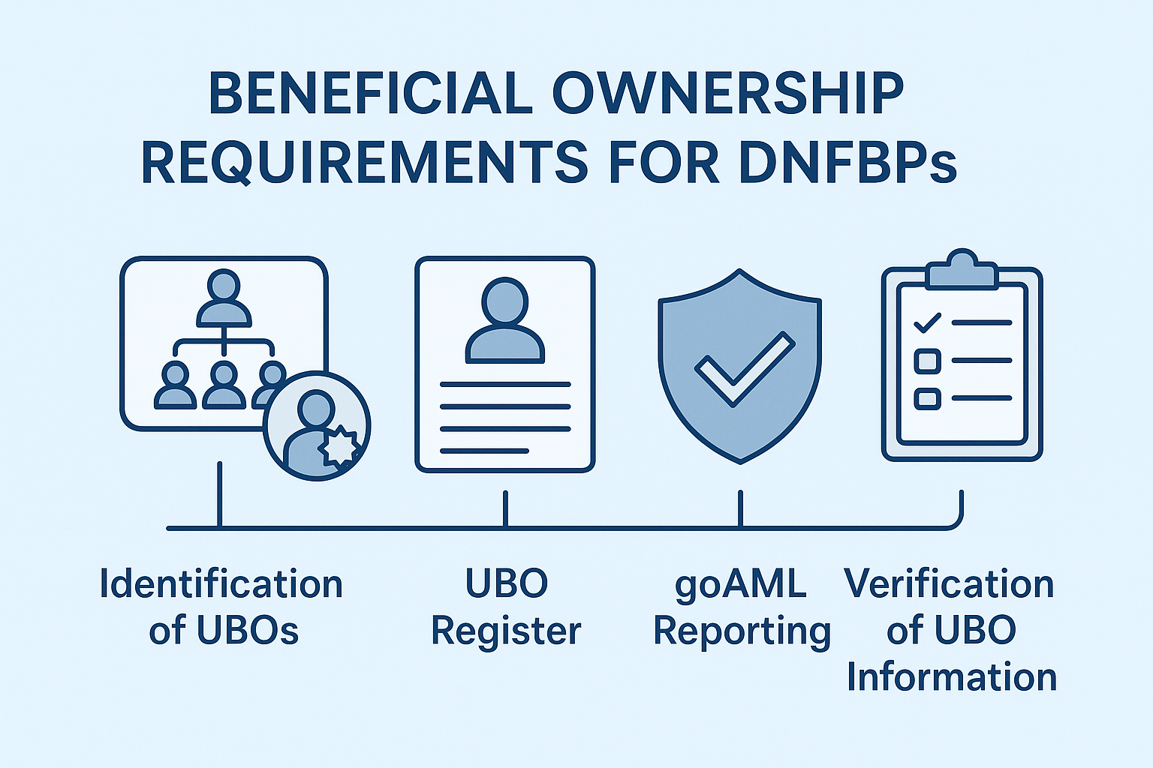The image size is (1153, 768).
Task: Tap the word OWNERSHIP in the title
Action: [727, 94]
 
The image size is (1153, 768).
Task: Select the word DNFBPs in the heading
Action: [847, 163]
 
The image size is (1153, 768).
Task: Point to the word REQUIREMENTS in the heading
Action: [365, 163]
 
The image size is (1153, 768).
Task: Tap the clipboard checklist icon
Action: [962, 360]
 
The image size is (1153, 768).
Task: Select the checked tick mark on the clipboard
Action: [927, 323]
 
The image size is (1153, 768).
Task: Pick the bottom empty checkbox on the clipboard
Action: [927, 397]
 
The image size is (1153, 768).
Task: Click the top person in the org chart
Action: [224, 298]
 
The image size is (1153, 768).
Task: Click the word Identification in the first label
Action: [221, 584]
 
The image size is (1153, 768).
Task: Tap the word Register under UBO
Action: [506, 631]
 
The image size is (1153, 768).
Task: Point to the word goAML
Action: [740, 584]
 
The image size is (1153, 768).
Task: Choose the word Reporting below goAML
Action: [742, 631]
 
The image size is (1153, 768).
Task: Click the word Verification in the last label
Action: [949, 584]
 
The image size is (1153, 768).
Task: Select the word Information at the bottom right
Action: [952, 677]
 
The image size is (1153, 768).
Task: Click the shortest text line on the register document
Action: [484, 451]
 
